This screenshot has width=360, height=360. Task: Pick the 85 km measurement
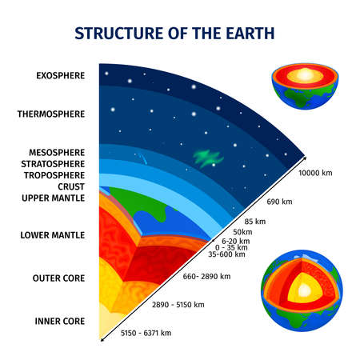tap(255, 221)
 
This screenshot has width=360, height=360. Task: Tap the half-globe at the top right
tap(298, 86)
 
